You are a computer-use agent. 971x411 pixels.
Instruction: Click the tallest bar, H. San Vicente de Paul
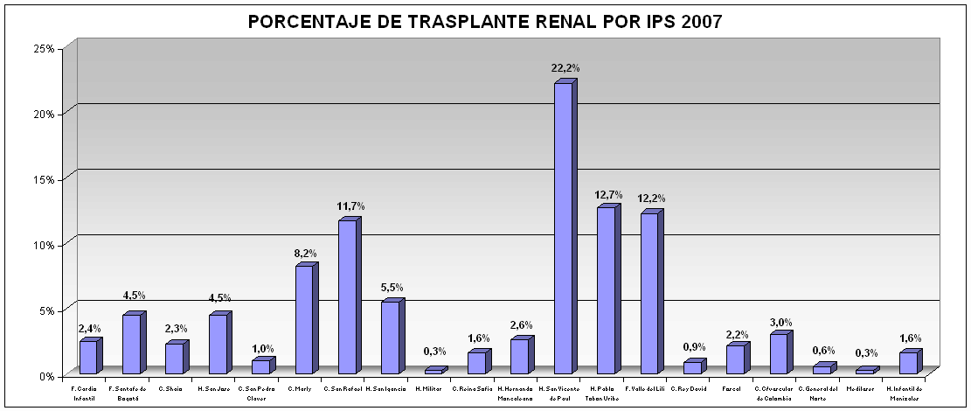coord(563,227)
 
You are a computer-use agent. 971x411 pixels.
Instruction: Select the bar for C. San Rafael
coord(347,296)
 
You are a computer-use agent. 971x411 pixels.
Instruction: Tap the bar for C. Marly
coord(304,319)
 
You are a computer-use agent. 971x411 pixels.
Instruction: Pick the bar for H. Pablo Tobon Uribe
coord(606,289)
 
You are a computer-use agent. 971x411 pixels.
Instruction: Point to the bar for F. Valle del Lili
coord(648,293)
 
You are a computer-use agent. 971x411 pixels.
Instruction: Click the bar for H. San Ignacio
coord(390,337)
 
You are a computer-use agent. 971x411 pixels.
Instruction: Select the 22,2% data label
coord(565,67)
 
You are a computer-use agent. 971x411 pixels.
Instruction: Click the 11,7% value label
coord(350,205)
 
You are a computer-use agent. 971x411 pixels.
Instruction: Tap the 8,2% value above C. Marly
coord(306,253)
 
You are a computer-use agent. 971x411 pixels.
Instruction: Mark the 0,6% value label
coord(823,352)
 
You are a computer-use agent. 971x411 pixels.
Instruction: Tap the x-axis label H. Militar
coord(430,387)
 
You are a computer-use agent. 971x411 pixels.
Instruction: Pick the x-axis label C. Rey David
coord(690,387)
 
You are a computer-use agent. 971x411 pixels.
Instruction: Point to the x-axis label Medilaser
coord(862,387)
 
